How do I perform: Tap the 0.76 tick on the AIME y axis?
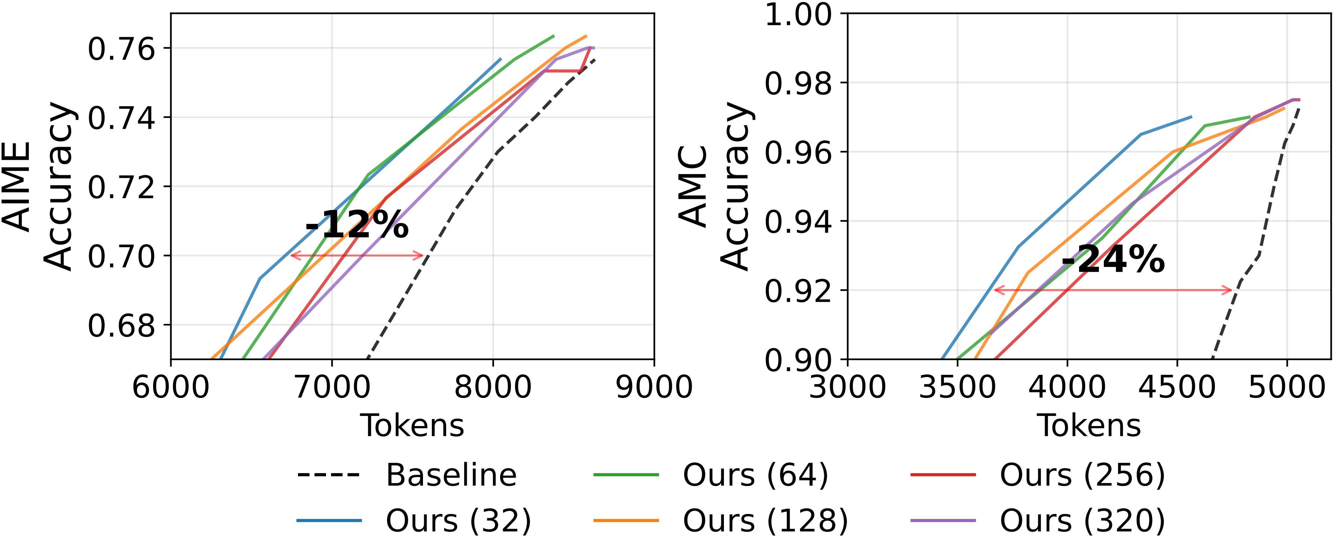click(121, 49)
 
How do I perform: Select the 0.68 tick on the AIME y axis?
click(121, 325)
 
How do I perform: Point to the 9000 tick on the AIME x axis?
click(654, 386)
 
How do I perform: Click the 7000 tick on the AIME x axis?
click(332, 386)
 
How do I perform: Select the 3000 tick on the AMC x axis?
click(847, 386)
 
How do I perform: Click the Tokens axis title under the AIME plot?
click(412, 426)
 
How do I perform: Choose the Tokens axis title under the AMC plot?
click(1089, 426)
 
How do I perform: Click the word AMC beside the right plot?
click(693, 186)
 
